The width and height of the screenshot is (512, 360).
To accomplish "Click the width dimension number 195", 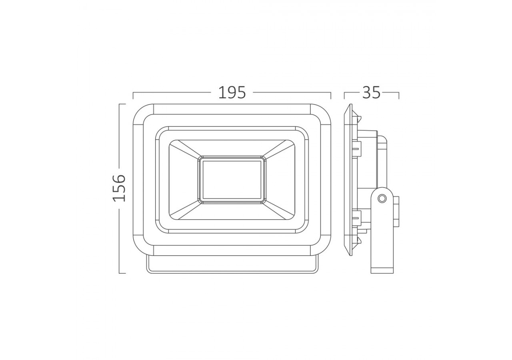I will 232,93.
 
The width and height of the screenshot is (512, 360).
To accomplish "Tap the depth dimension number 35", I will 371,93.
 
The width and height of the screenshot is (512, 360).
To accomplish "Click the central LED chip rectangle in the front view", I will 232,180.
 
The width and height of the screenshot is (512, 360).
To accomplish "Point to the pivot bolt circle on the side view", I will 382,198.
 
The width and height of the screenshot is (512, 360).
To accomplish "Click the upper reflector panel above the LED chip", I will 232,148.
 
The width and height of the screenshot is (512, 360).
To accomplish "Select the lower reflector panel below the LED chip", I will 232,212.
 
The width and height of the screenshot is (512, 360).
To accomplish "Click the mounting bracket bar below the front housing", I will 232,265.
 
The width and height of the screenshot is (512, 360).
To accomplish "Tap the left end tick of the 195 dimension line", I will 133,96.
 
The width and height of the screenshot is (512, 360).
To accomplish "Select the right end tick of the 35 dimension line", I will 399,96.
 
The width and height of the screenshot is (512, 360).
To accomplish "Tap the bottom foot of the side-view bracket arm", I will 382,270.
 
